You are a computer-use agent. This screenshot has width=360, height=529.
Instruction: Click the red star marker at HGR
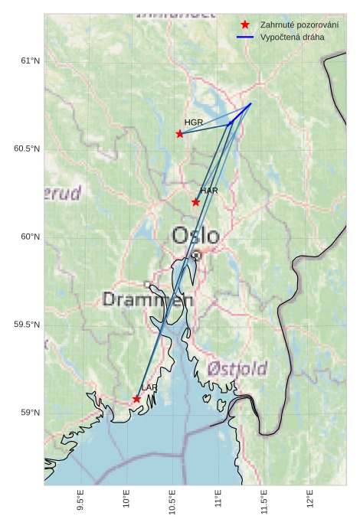180,133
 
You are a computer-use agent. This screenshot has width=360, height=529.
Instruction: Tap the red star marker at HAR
196,202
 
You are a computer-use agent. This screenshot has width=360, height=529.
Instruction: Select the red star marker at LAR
136,399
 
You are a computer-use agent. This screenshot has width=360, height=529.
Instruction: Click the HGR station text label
194,122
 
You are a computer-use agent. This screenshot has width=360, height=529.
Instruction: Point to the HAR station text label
209,190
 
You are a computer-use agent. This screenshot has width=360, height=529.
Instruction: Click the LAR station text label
149,388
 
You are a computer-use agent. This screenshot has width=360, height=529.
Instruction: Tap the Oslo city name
195,235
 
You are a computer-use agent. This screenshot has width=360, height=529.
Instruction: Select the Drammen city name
148,299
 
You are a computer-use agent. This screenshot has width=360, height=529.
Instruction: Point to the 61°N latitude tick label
29,60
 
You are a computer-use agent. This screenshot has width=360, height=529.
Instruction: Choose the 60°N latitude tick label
29,237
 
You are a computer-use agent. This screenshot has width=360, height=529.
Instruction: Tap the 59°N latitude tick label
29,413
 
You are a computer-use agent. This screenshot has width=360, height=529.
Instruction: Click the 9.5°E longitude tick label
80,501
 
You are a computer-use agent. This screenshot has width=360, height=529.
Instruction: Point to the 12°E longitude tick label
310,499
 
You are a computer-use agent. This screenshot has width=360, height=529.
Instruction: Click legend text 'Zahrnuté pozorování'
299,24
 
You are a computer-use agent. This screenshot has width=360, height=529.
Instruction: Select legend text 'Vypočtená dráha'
292,37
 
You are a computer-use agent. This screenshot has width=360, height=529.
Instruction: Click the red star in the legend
245,24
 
